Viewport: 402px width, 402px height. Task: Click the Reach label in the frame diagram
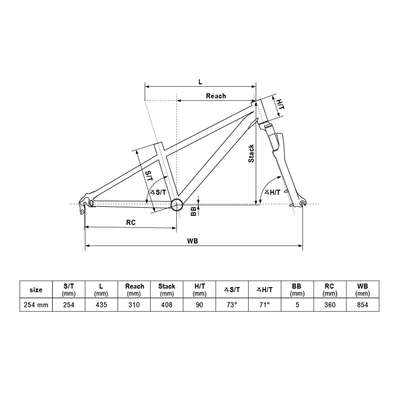[216, 96]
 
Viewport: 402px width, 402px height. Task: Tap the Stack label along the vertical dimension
[251, 153]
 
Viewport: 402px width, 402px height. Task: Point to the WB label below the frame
[192, 241]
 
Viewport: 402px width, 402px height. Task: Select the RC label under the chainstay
[131, 222]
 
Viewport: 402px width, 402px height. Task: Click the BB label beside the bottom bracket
[194, 211]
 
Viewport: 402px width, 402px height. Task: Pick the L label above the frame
[201, 82]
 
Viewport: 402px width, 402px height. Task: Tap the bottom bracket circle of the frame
[177, 204]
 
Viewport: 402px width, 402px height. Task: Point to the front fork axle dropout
[303, 204]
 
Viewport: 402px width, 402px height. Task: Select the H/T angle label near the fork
[272, 192]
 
